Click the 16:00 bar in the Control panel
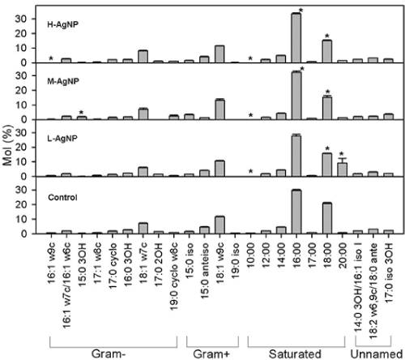click(296, 212)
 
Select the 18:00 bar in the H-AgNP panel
click(327, 51)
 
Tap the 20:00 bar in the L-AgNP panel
click(343, 169)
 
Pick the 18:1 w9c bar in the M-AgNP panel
click(220, 109)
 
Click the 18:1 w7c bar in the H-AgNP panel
click(143, 57)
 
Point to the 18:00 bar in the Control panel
click(327, 218)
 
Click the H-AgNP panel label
click(62, 24)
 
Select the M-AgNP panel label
click(63, 81)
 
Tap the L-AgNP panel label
click(62, 139)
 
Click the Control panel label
click(62, 198)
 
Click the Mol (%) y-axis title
click(8, 145)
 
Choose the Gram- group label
click(109, 354)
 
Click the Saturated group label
click(295, 354)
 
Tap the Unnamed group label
click(377, 354)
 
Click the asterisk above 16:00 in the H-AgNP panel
click(301, 11)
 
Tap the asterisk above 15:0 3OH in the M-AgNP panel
click(82, 113)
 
